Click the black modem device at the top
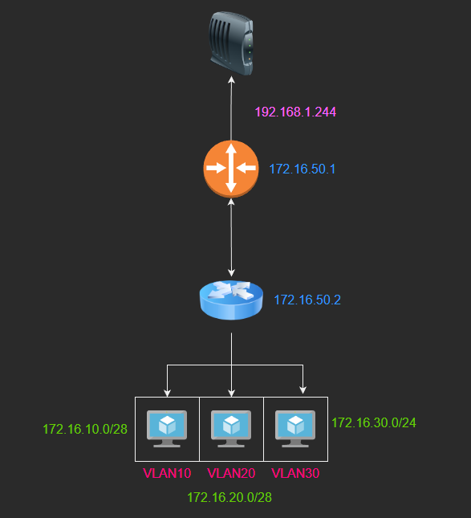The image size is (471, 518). click(231, 43)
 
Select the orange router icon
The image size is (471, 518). click(231, 169)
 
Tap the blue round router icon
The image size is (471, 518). click(231, 300)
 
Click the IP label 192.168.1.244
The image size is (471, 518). click(295, 112)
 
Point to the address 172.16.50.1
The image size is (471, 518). click(302, 169)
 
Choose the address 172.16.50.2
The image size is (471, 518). click(307, 300)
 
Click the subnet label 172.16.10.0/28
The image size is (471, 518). click(85, 429)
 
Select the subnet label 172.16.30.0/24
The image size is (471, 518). click(374, 423)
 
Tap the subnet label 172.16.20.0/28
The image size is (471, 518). click(229, 497)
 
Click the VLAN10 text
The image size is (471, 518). click(167, 473)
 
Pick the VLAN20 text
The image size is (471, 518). click(231, 473)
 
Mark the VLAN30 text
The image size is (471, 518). click(295, 473)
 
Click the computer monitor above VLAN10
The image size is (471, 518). click(167, 429)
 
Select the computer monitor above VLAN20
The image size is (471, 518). click(231, 429)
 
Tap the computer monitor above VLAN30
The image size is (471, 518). click(295, 429)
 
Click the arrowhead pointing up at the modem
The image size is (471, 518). click(231, 80)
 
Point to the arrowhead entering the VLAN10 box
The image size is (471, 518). click(168, 394)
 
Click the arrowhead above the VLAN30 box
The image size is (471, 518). click(303, 390)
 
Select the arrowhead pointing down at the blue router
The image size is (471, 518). click(231, 273)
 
